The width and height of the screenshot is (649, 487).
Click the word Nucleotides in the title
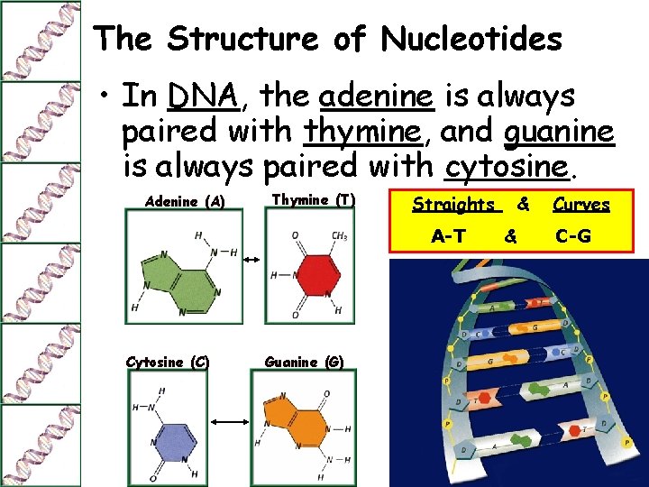tap(471, 39)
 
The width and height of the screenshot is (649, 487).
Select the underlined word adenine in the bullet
tap(378, 96)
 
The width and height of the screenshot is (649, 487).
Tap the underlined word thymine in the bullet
tap(363, 132)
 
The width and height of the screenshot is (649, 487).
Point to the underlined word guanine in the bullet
tap(559, 132)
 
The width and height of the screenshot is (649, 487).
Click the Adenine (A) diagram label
tap(185, 201)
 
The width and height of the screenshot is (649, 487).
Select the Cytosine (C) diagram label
tap(168, 363)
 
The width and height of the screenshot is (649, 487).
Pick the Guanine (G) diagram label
tap(304, 363)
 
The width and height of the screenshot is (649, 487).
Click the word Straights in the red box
tap(453, 205)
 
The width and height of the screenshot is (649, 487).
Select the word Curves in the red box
tap(581, 205)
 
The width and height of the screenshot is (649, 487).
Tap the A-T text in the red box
tap(448, 236)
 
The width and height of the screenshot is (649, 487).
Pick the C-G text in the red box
tap(573, 236)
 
